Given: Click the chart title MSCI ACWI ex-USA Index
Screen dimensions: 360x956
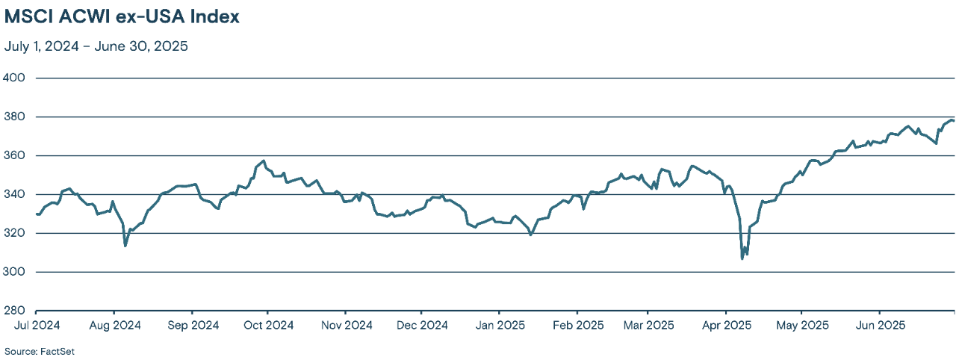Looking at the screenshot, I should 122,17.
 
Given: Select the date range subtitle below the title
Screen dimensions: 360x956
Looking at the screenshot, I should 96,46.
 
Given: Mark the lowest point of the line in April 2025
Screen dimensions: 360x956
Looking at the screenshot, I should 742,258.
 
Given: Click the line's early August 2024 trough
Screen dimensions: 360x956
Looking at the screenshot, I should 125,246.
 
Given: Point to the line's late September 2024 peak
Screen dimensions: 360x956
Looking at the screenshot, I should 264,161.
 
